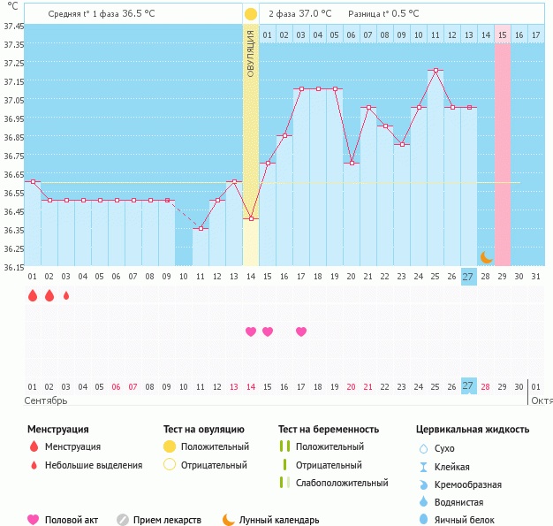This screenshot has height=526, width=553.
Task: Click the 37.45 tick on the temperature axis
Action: point(13,27)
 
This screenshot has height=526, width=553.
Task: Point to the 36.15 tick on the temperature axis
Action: point(13,267)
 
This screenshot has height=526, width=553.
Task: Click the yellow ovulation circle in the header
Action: point(251,14)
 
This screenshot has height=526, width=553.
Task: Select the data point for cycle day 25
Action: point(435,70)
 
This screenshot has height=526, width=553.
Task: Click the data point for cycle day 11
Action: point(201,229)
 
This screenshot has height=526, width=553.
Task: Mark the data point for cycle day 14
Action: point(251,218)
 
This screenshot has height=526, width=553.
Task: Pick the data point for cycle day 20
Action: point(351,164)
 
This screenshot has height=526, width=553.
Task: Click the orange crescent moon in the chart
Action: point(485,256)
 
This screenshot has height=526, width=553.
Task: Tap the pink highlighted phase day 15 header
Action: point(502,34)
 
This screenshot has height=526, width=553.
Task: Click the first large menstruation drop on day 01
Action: point(33,296)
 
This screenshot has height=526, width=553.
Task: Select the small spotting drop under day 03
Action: point(66,296)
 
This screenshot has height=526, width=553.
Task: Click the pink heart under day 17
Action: point(301,332)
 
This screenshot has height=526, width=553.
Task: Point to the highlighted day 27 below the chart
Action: point(468,385)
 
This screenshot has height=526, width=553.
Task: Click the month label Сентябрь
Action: point(46,400)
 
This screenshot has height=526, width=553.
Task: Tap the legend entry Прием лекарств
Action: point(166,521)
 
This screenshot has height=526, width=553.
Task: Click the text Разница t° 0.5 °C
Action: point(383,14)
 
